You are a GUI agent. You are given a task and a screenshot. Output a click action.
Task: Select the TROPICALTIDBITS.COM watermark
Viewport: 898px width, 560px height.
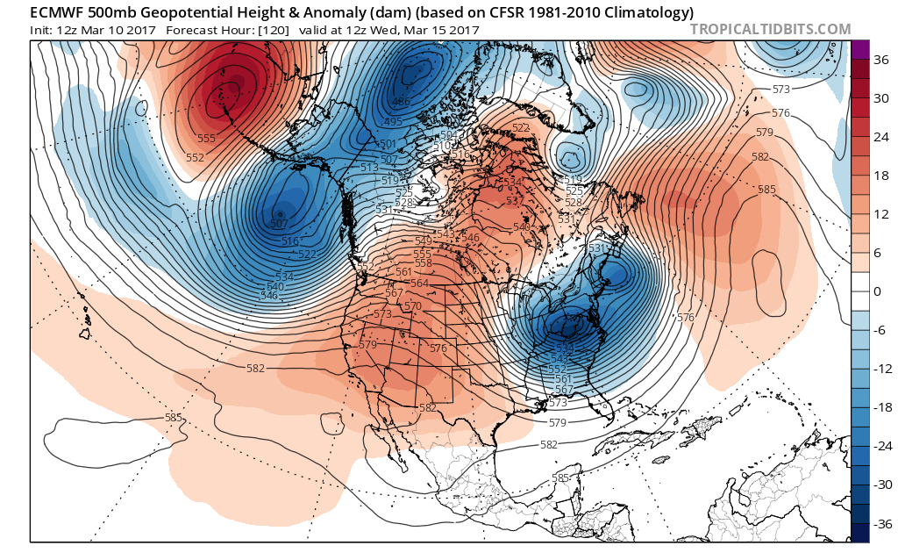pos(770,29)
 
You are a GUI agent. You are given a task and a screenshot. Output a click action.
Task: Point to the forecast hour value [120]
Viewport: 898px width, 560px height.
pos(307,30)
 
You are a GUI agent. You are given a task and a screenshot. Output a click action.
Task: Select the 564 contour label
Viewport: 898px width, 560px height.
pos(419,283)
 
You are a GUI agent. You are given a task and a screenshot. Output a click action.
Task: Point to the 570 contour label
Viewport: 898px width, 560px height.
pos(413,306)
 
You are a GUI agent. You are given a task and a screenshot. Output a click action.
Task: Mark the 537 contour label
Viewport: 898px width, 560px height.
pos(515,201)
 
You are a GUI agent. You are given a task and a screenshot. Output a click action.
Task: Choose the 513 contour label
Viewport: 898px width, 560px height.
pos(369,167)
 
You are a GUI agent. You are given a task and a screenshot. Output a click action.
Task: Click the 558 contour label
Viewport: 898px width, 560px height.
pos(423,263)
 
